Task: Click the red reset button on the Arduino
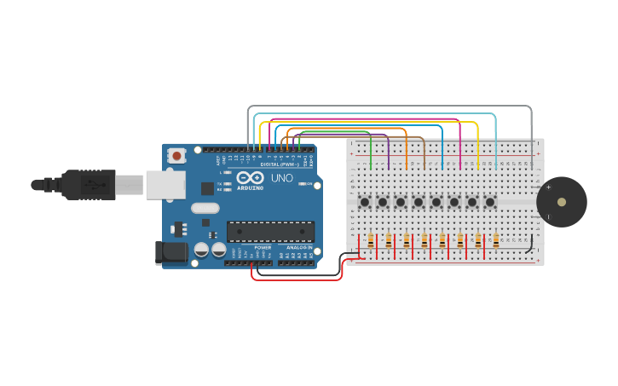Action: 176,155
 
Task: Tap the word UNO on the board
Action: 281,178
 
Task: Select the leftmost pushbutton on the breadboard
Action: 365,202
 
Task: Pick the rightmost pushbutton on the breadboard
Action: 490,202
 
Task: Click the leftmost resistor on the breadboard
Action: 371,241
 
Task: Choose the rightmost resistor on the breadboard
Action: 496,241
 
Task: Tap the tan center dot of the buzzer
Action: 561,202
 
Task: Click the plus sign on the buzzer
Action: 548,187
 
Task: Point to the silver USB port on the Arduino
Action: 165,184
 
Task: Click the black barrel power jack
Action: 170,253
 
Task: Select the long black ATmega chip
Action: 270,231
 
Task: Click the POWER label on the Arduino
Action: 263,248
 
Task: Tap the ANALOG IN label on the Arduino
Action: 298,248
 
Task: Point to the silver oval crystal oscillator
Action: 205,208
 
